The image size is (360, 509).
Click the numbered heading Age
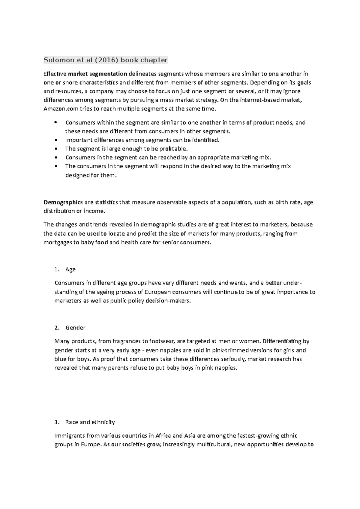click(70, 269)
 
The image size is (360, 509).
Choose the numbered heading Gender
click(75, 328)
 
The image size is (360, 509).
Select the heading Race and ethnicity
click(90, 422)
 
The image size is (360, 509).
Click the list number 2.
click(57, 328)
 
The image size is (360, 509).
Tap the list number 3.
click(57, 422)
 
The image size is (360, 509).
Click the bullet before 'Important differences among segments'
click(56, 140)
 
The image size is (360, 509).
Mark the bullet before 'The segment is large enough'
click(56, 149)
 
